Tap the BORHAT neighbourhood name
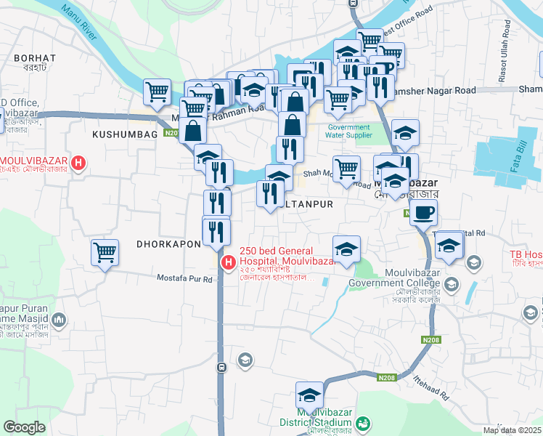(34, 57)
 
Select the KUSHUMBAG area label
(125, 134)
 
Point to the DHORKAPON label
(168, 244)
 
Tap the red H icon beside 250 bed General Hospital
(229, 262)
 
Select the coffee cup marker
(424, 212)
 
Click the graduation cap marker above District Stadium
(309, 396)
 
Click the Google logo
(24, 427)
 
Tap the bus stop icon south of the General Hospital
(221, 368)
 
